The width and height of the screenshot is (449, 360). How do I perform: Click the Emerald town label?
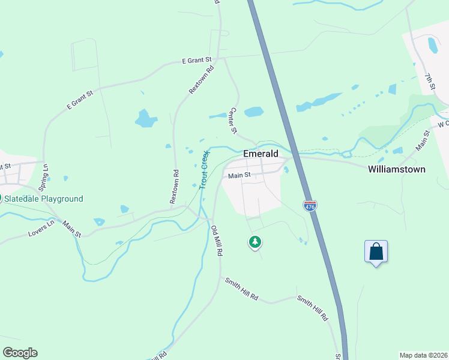point(261,154)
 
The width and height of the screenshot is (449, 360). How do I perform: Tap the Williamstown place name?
point(396,169)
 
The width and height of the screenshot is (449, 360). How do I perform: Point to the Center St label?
point(234,121)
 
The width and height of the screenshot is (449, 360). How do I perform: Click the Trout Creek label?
point(203,169)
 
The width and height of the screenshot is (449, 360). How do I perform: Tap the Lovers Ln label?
point(41,229)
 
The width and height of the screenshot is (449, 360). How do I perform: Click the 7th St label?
point(430,83)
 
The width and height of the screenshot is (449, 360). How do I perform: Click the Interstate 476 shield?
point(310,206)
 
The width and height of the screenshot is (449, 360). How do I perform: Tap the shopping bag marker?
point(376,251)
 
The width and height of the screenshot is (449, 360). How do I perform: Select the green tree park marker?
point(256,242)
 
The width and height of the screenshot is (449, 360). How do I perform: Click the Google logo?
point(20,353)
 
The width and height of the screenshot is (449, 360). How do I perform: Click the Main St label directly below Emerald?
point(238,176)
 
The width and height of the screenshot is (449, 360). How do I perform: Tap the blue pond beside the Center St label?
point(254,112)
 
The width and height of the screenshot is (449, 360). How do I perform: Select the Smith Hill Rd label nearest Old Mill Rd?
point(241,289)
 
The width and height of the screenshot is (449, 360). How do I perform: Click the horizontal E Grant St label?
point(197,61)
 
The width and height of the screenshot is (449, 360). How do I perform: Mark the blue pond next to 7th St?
point(432,45)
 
